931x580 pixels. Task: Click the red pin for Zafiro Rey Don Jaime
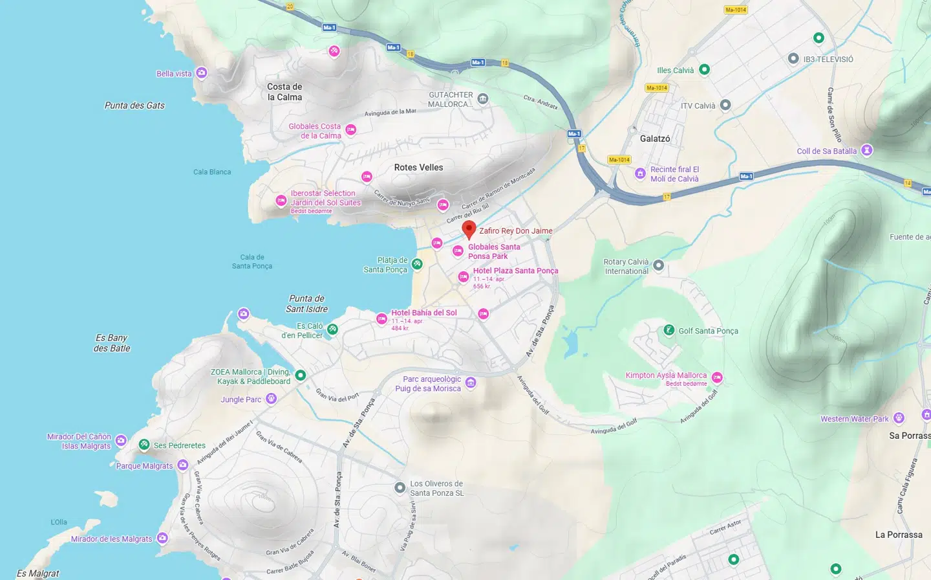pos(469,229)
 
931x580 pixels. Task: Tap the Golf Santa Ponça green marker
pos(669,330)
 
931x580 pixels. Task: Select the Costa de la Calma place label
pos(284,92)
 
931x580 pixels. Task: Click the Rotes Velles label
pos(418,167)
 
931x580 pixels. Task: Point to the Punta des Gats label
pos(134,106)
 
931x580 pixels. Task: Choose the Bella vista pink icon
pos(202,72)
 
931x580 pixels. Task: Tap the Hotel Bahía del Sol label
pos(423,313)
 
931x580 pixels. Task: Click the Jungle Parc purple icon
pos(272,399)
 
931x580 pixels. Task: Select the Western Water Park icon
pos(899,418)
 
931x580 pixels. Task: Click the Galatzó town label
pos(655,139)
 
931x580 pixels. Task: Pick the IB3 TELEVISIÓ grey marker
pos(793,59)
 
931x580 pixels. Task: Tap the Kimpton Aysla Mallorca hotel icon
pos(717,377)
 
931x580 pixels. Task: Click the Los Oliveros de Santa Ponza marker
pos(400,487)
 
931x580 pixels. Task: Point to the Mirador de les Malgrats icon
pos(162,538)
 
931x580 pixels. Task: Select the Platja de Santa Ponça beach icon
pos(417,263)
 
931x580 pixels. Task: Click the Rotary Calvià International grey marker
pos(658,265)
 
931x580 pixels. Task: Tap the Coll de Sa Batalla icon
pos(867,150)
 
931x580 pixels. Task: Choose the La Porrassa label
pos(899,535)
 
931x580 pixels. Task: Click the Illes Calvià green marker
pos(705,69)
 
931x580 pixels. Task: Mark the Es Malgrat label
pos(37,573)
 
